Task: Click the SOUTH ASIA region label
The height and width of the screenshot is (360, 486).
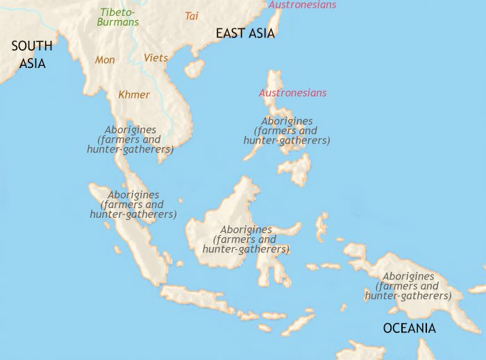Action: click(31, 54)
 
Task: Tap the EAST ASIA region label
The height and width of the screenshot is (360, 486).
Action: click(245, 33)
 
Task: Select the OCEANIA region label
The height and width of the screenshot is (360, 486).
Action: click(409, 328)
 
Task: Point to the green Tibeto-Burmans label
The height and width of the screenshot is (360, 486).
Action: click(119, 17)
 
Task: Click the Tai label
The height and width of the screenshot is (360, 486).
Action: click(192, 15)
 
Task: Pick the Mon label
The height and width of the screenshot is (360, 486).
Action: click(105, 60)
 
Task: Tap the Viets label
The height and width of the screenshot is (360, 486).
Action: click(156, 58)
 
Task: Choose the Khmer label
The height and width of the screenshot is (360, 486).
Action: click(134, 94)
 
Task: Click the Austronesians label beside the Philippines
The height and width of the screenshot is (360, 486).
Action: click(292, 93)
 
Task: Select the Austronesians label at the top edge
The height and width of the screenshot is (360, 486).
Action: click(302, 5)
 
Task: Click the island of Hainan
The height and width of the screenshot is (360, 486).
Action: click(194, 68)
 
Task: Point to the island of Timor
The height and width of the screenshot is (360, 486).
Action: click(299, 323)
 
